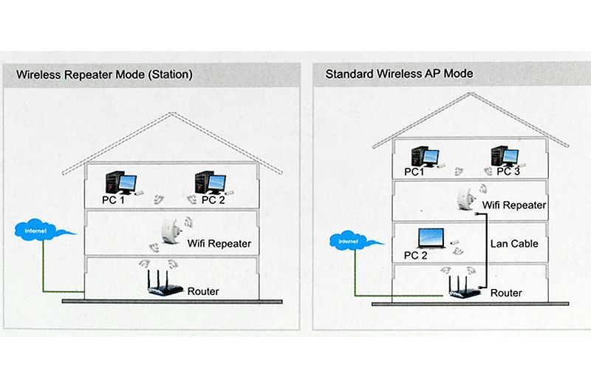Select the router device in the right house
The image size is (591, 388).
coord(461,287)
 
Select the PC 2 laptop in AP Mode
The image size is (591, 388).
coord(431,238)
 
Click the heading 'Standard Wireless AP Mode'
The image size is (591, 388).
coord(399,74)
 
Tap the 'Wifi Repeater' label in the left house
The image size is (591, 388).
coord(220,243)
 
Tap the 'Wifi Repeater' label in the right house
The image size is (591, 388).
coord(514,205)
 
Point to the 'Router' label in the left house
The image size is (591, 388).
coord(203,291)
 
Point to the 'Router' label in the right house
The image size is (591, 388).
coord(506,293)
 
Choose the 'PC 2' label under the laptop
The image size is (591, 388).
coord(416,256)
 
